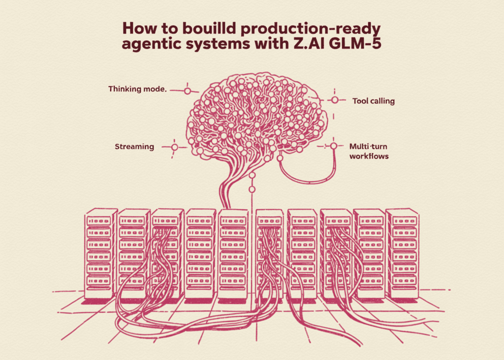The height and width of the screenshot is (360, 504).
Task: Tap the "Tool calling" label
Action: [x=374, y=101]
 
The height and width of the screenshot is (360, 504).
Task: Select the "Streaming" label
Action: [x=134, y=147]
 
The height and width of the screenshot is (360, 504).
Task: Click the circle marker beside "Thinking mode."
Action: [x=187, y=91]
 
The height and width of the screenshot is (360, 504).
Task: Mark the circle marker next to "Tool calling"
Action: [x=335, y=100]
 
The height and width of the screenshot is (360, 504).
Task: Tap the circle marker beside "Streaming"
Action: [x=174, y=147]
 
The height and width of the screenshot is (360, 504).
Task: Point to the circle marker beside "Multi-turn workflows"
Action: [x=334, y=146]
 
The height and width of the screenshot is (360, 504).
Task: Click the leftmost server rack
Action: [x=100, y=254]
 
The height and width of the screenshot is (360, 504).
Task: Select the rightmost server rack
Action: [x=402, y=254]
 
